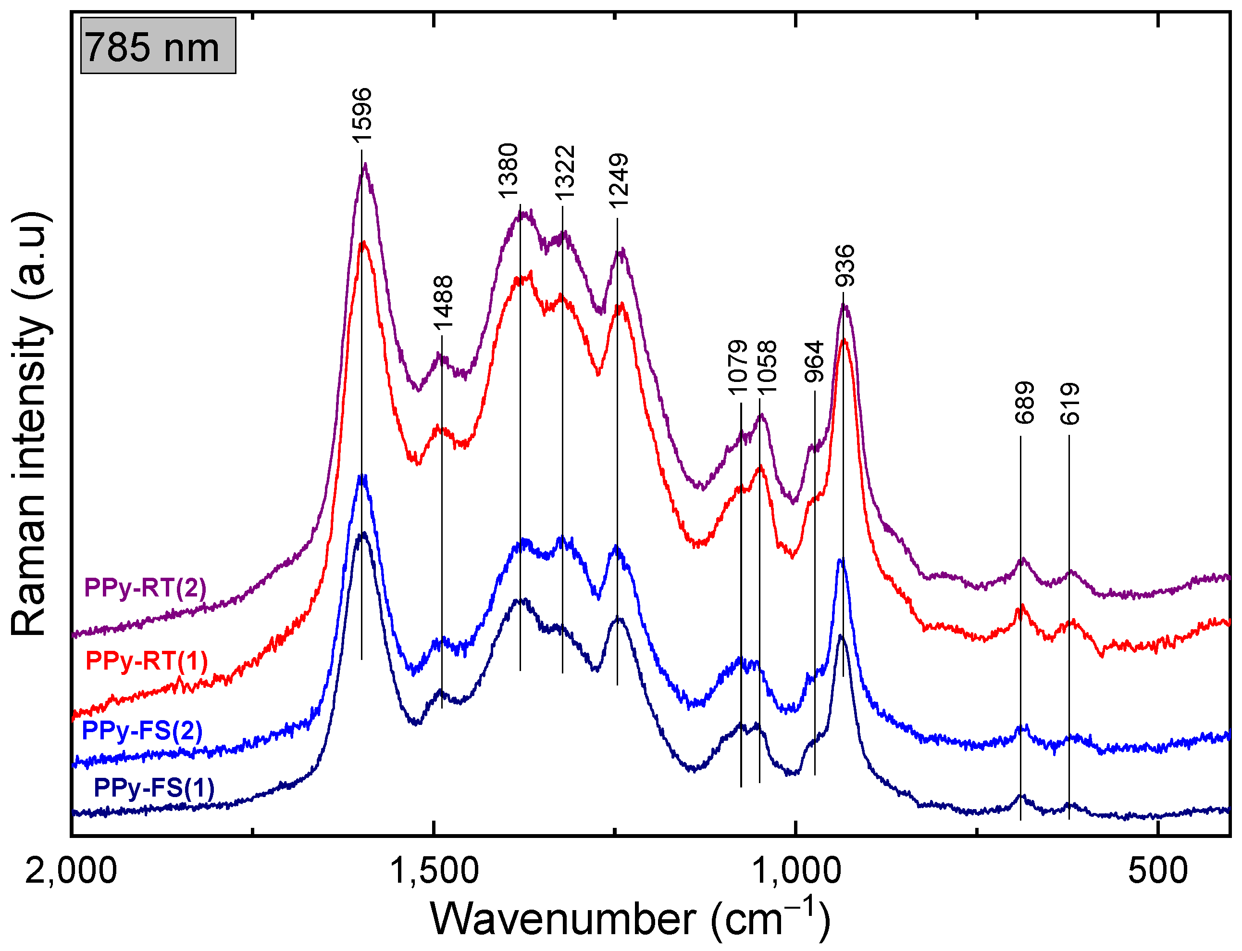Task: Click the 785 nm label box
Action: click(x=158, y=46)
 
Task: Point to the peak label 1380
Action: click(x=508, y=170)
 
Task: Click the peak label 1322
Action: click(x=564, y=173)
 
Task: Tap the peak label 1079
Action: click(x=737, y=368)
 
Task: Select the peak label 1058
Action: click(x=767, y=368)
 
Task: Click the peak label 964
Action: click(x=814, y=362)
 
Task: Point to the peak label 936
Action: click(x=845, y=266)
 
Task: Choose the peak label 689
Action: click(x=1024, y=403)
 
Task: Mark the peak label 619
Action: click(x=1070, y=404)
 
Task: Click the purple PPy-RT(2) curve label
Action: click(x=145, y=588)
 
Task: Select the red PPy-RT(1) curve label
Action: click(x=147, y=660)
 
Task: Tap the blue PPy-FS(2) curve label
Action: click(x=142, y=731)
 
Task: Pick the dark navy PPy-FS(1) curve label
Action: click(x=154, y=788)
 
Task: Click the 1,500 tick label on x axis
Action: click(x=435, y=871)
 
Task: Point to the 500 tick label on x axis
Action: click(x=1158, y=871)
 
